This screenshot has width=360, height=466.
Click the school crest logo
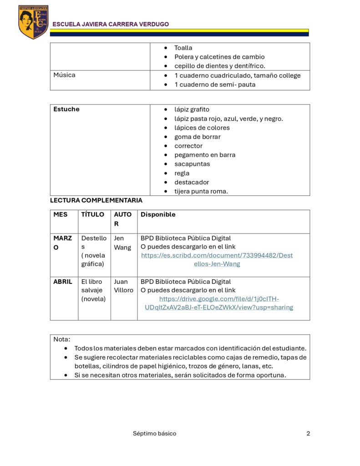[33, 22]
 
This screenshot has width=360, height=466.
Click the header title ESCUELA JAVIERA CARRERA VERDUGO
[111, 24]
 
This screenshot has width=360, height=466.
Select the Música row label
[64, 75]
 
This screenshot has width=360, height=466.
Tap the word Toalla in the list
[183, 48]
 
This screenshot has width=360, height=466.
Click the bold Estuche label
[66, 109]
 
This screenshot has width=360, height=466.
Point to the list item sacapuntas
[192, 164]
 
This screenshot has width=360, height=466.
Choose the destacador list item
[192, 182]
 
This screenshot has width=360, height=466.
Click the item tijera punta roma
[201, 191]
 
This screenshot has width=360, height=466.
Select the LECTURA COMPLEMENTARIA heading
[96, 200]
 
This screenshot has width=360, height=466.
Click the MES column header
[60, 214]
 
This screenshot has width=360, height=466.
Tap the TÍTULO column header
[92, 214]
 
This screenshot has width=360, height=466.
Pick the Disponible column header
[158, 214]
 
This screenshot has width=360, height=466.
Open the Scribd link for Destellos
[217, 259]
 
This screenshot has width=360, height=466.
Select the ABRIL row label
[63, 282]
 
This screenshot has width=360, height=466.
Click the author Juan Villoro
[123, 286]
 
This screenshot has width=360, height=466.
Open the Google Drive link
[219, 303]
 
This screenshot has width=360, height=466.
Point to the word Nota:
[62, 339]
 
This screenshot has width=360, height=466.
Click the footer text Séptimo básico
[154, 433]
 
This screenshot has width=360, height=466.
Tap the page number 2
[308, 433]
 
